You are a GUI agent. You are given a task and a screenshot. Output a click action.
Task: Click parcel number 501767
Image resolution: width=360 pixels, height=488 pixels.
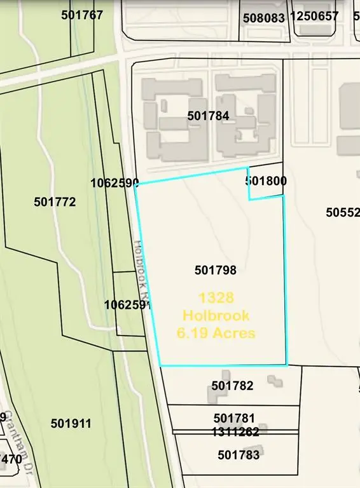coord(82,15)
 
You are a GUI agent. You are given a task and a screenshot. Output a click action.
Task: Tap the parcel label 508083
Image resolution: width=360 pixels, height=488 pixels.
coord(264,18)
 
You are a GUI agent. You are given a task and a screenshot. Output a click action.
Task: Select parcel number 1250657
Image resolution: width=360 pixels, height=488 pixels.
coord(314,16)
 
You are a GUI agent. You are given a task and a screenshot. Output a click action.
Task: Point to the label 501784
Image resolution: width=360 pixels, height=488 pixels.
coord(209,116)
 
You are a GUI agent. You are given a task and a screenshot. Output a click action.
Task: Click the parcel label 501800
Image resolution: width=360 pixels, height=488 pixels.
coord(266,181)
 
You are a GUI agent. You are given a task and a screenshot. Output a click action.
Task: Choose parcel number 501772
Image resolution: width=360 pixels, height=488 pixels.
coord(55,202)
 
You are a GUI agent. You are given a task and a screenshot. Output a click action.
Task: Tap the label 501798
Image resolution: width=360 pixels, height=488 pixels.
coord(216,270)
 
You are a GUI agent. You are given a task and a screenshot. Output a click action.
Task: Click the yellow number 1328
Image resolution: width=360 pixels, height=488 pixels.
coord(216,297)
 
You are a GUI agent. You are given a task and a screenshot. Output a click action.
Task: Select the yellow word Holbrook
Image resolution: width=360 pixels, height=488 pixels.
coord(216,315)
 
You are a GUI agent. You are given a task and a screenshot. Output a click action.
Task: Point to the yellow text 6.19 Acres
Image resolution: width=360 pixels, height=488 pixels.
coord(216,333)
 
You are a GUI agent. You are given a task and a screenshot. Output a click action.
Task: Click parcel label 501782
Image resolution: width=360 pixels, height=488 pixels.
coord(233,386)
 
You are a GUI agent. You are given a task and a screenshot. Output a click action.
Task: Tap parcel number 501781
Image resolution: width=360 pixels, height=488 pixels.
coord(234,418)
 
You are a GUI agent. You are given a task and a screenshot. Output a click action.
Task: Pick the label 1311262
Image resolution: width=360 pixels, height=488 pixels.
coord(235,432)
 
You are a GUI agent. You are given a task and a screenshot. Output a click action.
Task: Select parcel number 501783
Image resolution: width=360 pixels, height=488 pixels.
coord(239,455)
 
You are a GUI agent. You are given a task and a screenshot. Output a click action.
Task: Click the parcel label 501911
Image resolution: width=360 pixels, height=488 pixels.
coord(71,424)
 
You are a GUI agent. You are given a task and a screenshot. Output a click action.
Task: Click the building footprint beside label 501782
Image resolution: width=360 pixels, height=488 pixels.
coord(218,391)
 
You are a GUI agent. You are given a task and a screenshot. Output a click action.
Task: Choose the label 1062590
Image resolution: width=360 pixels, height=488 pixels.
coord(114,184)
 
